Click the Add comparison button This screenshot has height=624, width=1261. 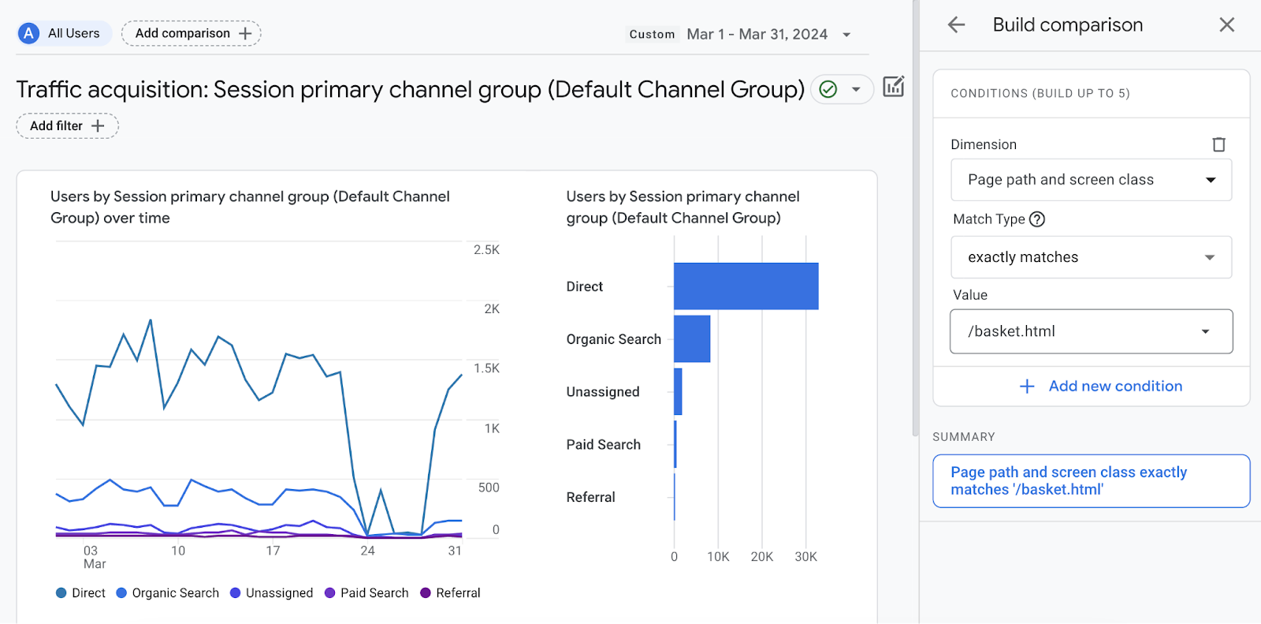click(x=192, y=33)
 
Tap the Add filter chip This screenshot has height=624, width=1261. click(x=67, y=126)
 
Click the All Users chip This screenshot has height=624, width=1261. click(x=64, y=33)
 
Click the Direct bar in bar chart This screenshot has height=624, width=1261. click(x=746, y=286)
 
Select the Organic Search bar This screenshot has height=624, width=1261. click(x=692, y=339)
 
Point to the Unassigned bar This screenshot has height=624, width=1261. click(x=678, y=392)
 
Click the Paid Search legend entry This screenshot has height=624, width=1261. click(x=366, y=593)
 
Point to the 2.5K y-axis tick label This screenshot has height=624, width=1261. click(x=486, y=250)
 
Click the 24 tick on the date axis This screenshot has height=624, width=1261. click(x=367, y=551)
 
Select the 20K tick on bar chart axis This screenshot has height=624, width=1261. click(x=761, y=557)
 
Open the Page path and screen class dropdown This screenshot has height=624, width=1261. click(x=1091, y=180)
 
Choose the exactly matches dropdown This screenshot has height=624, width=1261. click(x=1091, y=257)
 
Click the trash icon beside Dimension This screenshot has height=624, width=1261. click(x=1218, y=144)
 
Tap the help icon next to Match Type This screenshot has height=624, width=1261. click(x=1037, y=219)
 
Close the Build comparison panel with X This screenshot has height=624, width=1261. click(x=1226, y=24)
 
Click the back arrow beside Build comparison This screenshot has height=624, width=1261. click(x=956, y=24)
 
